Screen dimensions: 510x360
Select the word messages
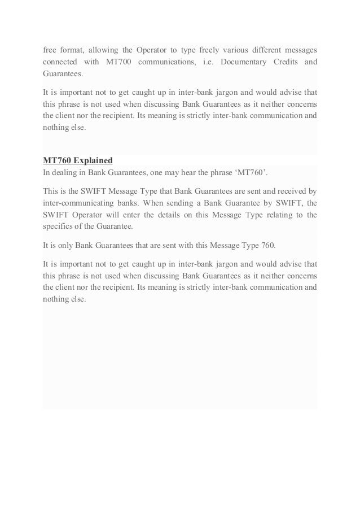point(300,48)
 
